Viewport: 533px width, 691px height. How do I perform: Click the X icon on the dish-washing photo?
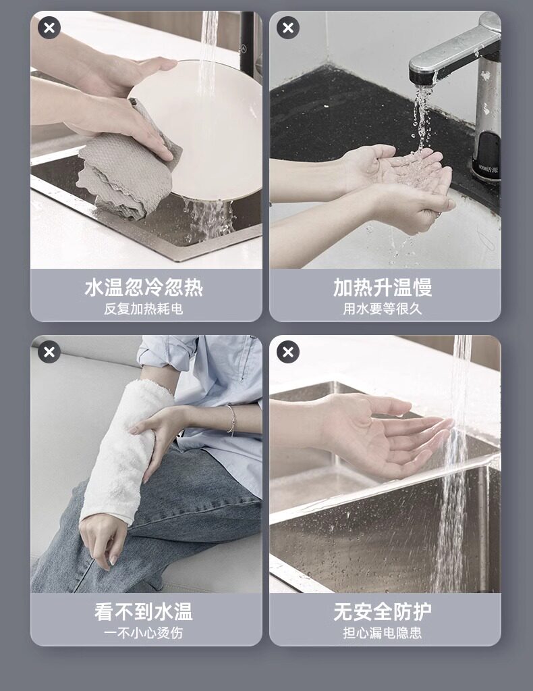(x=49, y=27)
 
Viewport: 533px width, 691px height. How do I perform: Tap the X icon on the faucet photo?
(x=288, y=27)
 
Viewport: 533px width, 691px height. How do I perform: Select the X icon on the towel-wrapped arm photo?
(x=49, y=352)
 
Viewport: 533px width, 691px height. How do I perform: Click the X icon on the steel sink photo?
(x=288, y=352)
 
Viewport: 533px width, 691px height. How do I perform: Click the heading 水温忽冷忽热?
(x=144, y=287)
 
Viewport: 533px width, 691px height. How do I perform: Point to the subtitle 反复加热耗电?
(x=144, y=309)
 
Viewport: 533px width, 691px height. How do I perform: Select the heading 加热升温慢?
(x=383, y=287)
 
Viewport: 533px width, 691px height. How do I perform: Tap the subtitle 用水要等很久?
(x=383, y=309)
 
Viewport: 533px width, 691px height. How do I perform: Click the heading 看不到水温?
(x=144, y=612)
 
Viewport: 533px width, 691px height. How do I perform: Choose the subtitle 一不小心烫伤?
(x=144, y=634)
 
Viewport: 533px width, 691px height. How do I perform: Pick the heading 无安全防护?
(x=383, y=612)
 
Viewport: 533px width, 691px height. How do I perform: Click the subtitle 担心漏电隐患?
(x=383, y=634)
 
